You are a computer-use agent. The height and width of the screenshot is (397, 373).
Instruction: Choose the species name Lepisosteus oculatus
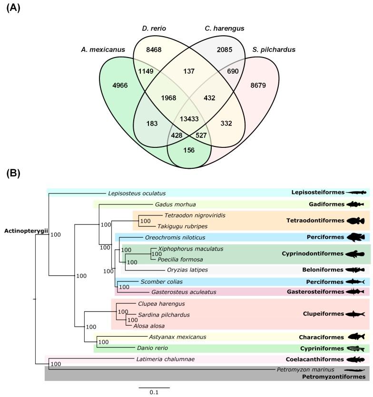coord(137,193)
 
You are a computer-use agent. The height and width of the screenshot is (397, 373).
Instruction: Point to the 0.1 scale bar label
coord(154,392)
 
